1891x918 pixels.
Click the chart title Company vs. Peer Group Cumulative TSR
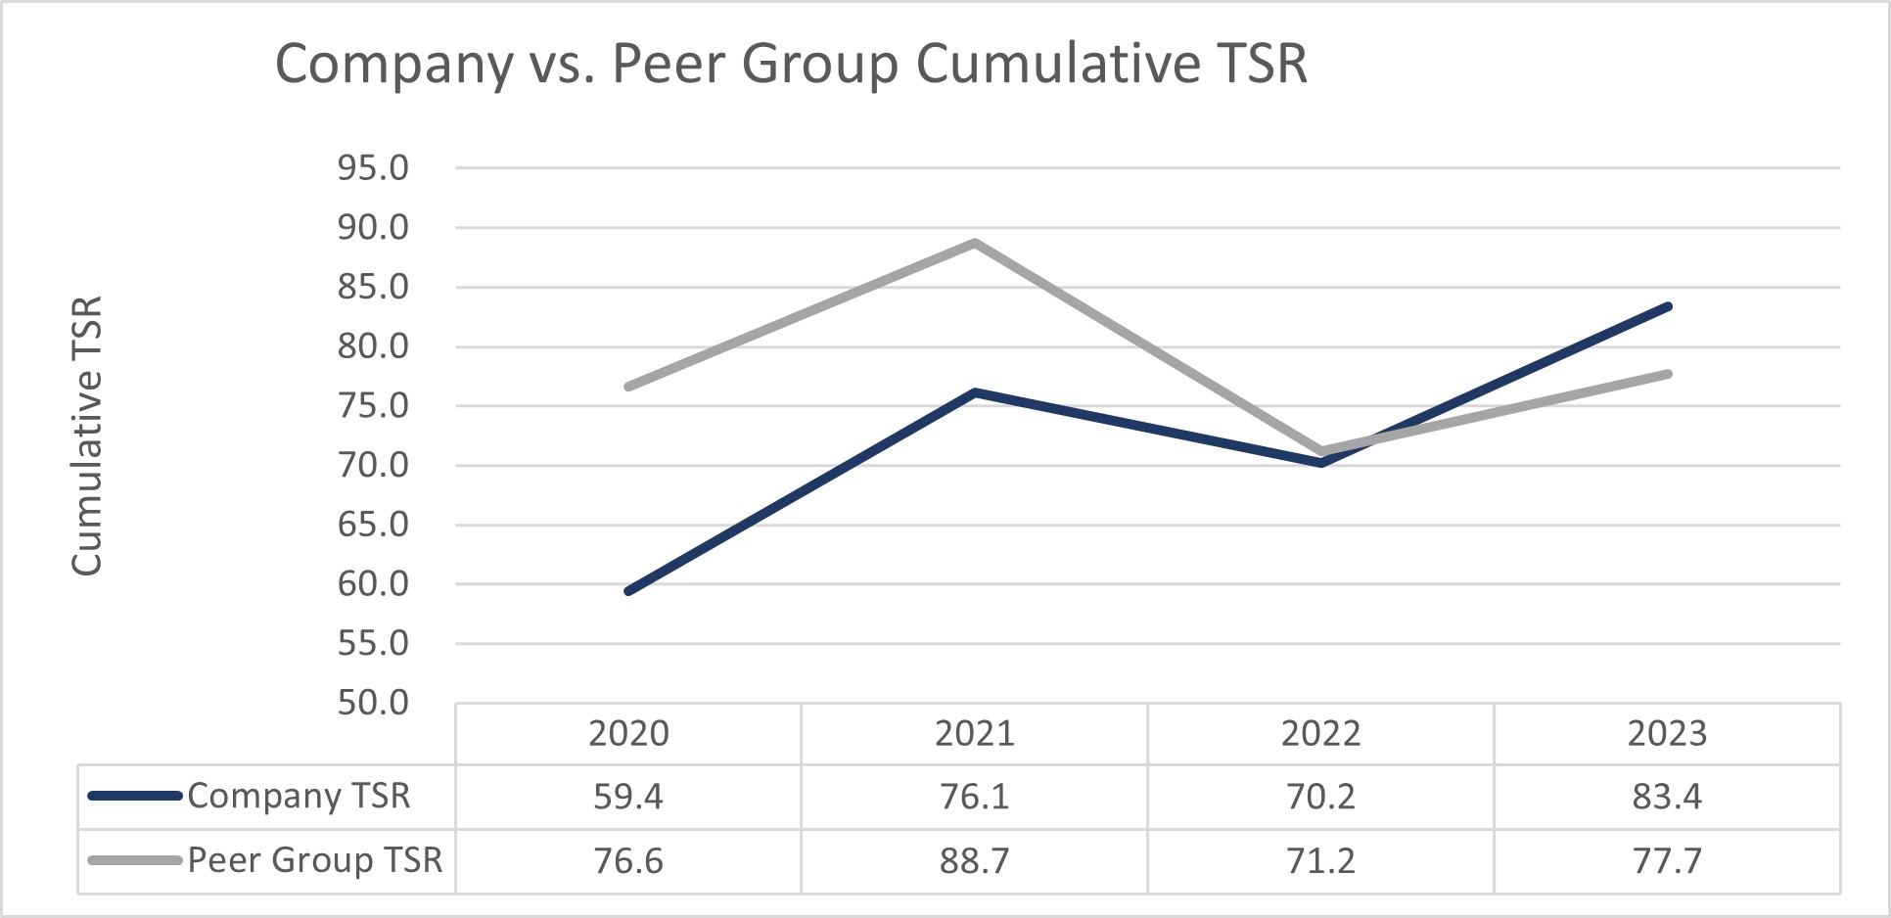pos(791,65)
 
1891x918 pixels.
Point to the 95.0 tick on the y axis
pos(373,168)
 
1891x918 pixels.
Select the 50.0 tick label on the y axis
pos(373,703)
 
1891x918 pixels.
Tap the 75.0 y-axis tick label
pos(373,406)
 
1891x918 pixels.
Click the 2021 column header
pos(974,734)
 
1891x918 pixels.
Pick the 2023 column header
pos(1667,734)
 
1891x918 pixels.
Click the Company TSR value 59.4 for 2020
pos(628,797)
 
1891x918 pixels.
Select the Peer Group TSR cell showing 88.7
pos(974,861)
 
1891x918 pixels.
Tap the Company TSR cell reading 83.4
pos(1667,797)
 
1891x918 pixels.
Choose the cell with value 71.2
pos(1320,861)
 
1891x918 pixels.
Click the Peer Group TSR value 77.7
pos(1667,861)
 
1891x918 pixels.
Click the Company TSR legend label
pos(299,797)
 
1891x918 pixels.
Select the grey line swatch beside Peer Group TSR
pos(135,861)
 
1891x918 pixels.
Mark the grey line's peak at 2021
pos(975,243)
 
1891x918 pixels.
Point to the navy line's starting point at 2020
pos(628,591)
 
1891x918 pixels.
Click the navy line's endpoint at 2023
pos(1668,306)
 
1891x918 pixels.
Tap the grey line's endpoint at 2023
pos(1668,374)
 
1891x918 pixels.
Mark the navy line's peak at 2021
pos(975,392)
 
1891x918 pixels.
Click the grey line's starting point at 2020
pos(628,387)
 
